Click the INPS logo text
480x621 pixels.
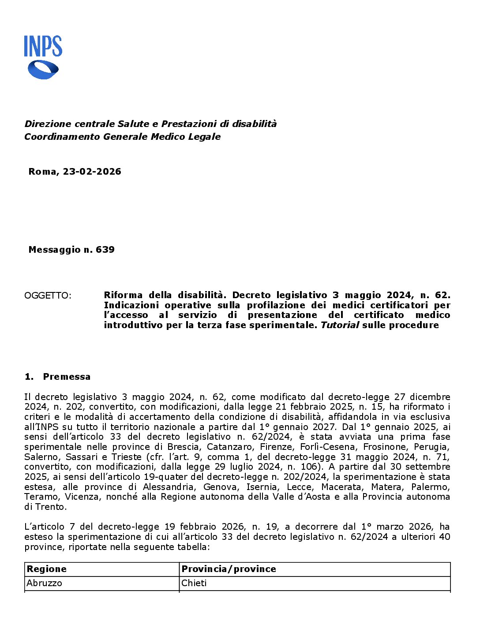pos(43,46)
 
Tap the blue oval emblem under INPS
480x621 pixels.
pos(43,70)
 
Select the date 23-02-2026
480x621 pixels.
pos(92,172)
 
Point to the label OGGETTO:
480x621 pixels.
pos(48,296)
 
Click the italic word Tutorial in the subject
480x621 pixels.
pos(339,325)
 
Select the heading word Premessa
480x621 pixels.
pos(67,377)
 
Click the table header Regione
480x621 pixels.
pos(47,569)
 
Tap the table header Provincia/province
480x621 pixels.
pos(229,569)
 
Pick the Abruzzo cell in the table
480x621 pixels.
pos(45,583)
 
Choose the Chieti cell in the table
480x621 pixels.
pos(194,583)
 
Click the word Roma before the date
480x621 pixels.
pos(43,172)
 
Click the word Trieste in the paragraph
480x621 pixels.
pos(127,457)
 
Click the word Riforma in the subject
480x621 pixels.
pos(123,295)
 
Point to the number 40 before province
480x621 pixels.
pos(445,537)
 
